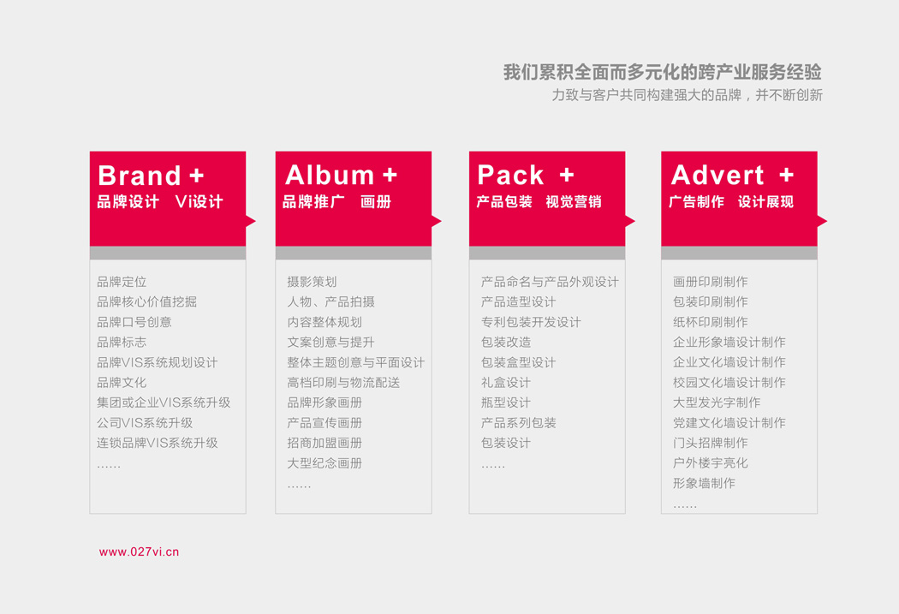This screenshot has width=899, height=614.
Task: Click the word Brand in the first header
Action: pyautogui.click(x=140, y=176)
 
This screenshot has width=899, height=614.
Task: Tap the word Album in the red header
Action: pyautogui.click(x=330, y=175)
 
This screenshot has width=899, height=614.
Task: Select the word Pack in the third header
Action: pyautogui.click(x=510, y=175)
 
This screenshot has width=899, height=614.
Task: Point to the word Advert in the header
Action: pyautogui.click(x=717, y=175)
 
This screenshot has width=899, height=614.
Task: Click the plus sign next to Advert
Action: pyautogui.click(x=787, y=175)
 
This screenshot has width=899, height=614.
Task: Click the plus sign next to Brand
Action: pyautogui.click(x=197, y=176)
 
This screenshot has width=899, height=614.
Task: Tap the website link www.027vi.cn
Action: pyautogui.click(x=139, y=551)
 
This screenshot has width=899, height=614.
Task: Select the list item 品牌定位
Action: pyautogui.click(x=122, y=282)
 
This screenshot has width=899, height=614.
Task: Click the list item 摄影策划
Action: pyautogui.click(x=312, y=282)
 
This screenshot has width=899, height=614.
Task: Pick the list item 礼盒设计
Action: pyautogui.click(x=506, y=383)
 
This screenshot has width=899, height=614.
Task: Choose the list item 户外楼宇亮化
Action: pyautogui.click(x=711, y=462)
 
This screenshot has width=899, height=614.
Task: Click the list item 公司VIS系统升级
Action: pyautogui.click(x=145, y=422)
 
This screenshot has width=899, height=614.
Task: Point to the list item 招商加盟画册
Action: pyautogui.click(x=324, y=443)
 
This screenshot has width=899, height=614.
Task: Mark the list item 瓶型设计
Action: pyautogui.click(x=506, y=402)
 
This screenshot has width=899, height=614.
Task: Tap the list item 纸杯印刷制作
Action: pyautogui.click(x=711, y=322)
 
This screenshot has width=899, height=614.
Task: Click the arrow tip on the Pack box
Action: pyautogui.click(x=635, y=221)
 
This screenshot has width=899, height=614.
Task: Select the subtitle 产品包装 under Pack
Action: pyautogui.click(x=504, y=202)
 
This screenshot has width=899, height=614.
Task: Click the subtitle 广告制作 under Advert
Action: pyautogui.click(x=697, y=202)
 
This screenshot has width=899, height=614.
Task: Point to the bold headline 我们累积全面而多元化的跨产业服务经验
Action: pyautogui.click(x=662, y=72)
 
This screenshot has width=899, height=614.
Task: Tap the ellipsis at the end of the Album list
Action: pyautogui.click(x=299, y=486)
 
